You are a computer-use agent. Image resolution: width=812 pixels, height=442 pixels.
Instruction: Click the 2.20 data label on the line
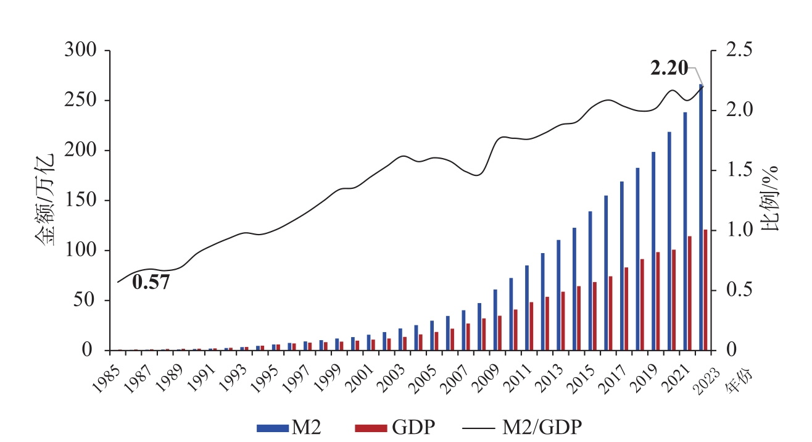(669, 69)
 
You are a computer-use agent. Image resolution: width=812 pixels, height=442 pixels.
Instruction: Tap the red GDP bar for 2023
(705, 290)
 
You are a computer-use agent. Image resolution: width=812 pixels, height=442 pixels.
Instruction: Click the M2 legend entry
(290, 427)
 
